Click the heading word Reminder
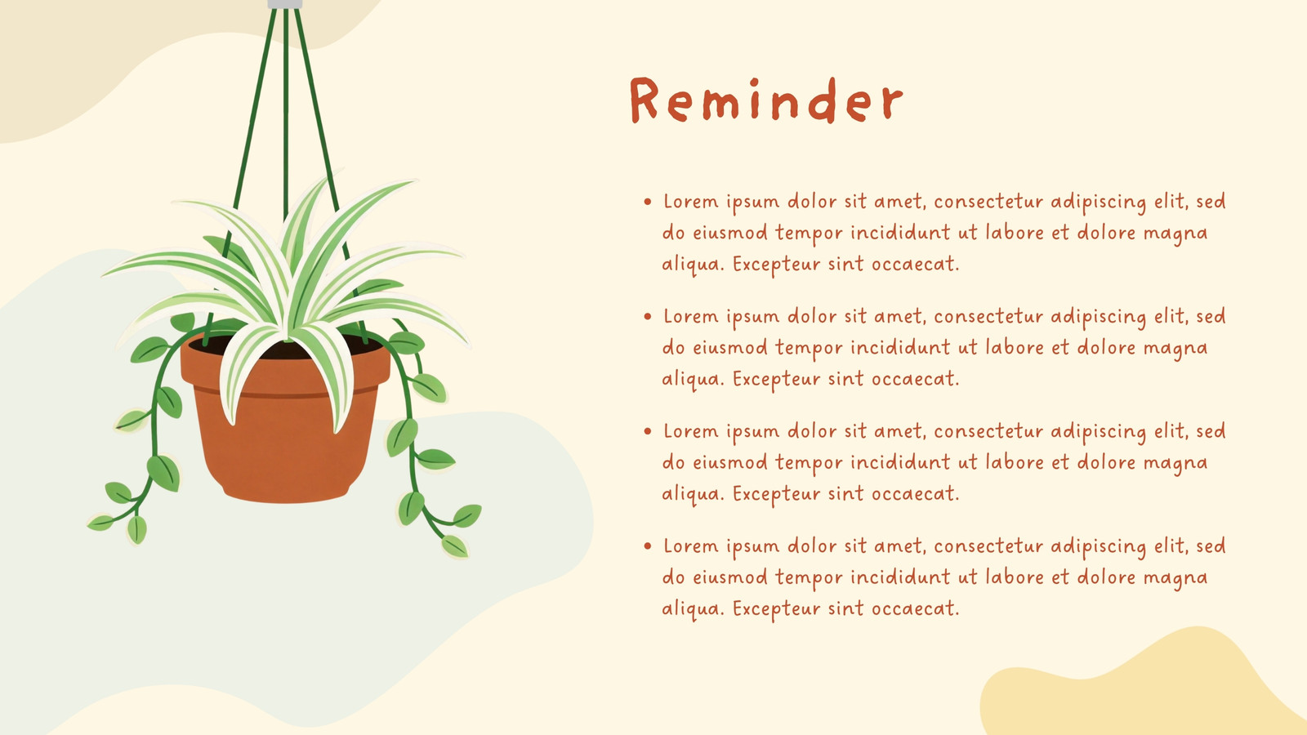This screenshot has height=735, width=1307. coord(766,100)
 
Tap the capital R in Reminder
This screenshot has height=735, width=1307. coord(645,100)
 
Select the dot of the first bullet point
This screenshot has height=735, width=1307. coord(647,202)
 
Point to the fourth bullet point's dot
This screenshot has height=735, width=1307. coord(647,546)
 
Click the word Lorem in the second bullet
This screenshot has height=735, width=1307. coord(691,316)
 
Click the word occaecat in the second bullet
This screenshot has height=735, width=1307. coord(915,380)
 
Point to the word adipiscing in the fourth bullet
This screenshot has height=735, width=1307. coord(1099,547)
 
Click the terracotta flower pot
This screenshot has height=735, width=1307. coord(285,420)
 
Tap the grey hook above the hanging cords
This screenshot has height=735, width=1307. coord(285,4)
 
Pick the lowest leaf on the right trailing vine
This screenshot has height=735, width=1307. coord(455,546)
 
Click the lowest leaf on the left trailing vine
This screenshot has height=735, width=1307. coord(137,530)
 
